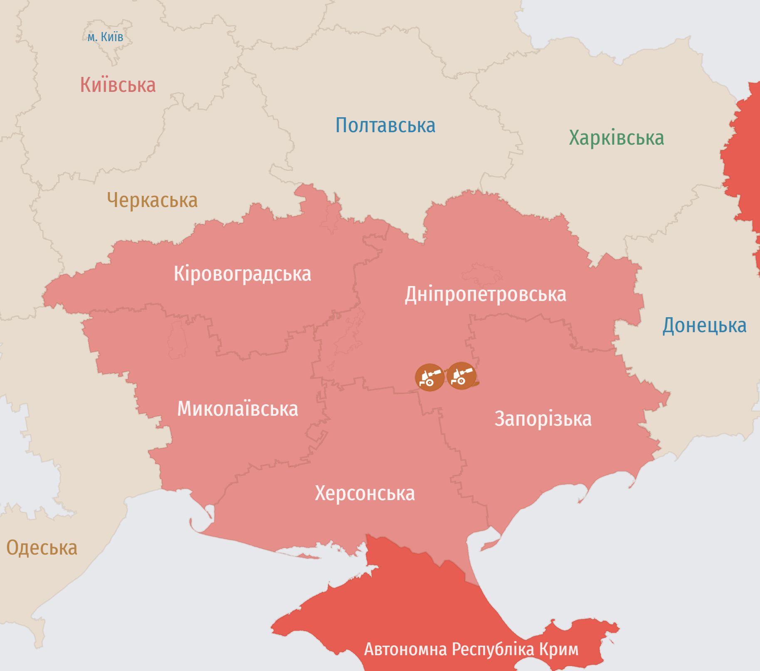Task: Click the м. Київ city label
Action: click(105, 37)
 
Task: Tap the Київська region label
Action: click(118, 85)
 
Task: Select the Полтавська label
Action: click(385, 125)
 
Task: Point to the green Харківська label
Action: click(616, 138)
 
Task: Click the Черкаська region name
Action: click(152, 200)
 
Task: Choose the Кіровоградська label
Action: click(242, 274)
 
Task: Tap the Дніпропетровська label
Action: click(485, 294)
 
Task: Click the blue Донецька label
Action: click(704, 326)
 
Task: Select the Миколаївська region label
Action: click(237, 409)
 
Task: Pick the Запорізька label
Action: click(543, 419)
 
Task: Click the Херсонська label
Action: click(365, 493)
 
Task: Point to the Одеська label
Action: click(42, 548)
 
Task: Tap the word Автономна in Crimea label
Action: click(405, 649)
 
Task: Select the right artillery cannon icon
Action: click(461, 376)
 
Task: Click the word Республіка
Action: click(493, 649)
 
